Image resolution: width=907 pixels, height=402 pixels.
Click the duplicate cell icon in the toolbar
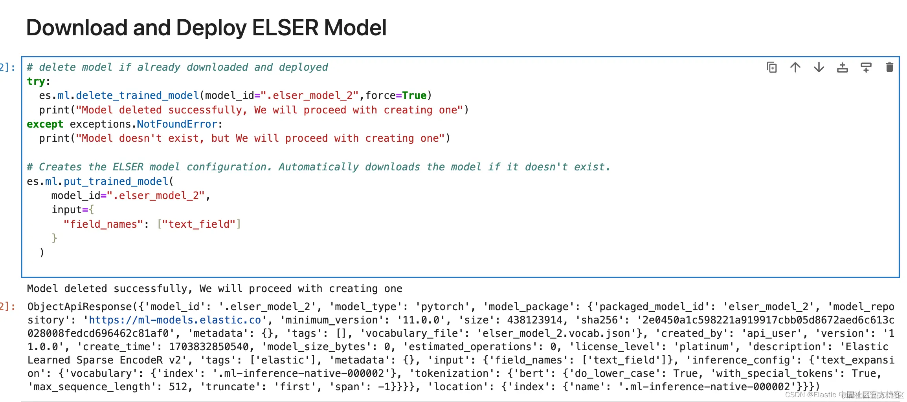pos(772,68)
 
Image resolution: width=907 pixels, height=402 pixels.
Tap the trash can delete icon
pos(890,68)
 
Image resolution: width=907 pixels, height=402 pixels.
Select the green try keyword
pos(36,81)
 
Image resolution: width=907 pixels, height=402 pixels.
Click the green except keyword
pos(45,124)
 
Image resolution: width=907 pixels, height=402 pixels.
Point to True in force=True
pos(415,95)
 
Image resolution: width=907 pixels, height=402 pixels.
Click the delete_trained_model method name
pos(138,95)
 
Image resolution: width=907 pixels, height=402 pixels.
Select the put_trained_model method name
pos(116,181)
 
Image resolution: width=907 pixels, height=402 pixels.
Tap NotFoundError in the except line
pos(177,124)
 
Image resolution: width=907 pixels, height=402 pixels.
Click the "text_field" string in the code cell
pos(199,224)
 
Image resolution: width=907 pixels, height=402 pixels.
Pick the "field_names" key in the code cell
pos(103,224)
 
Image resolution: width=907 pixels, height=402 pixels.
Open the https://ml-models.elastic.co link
pos(175,320)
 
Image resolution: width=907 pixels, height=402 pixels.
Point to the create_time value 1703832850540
pos(209,347)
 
